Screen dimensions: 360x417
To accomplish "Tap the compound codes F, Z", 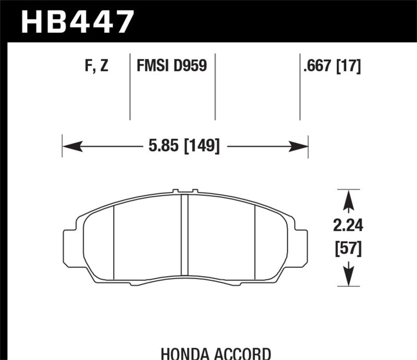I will pos(96,66).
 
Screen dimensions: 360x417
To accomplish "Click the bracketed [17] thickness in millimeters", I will pos(349,66).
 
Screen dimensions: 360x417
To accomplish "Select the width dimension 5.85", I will pos(156,145).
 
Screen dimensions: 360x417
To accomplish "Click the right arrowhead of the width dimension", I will pos(302,145).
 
